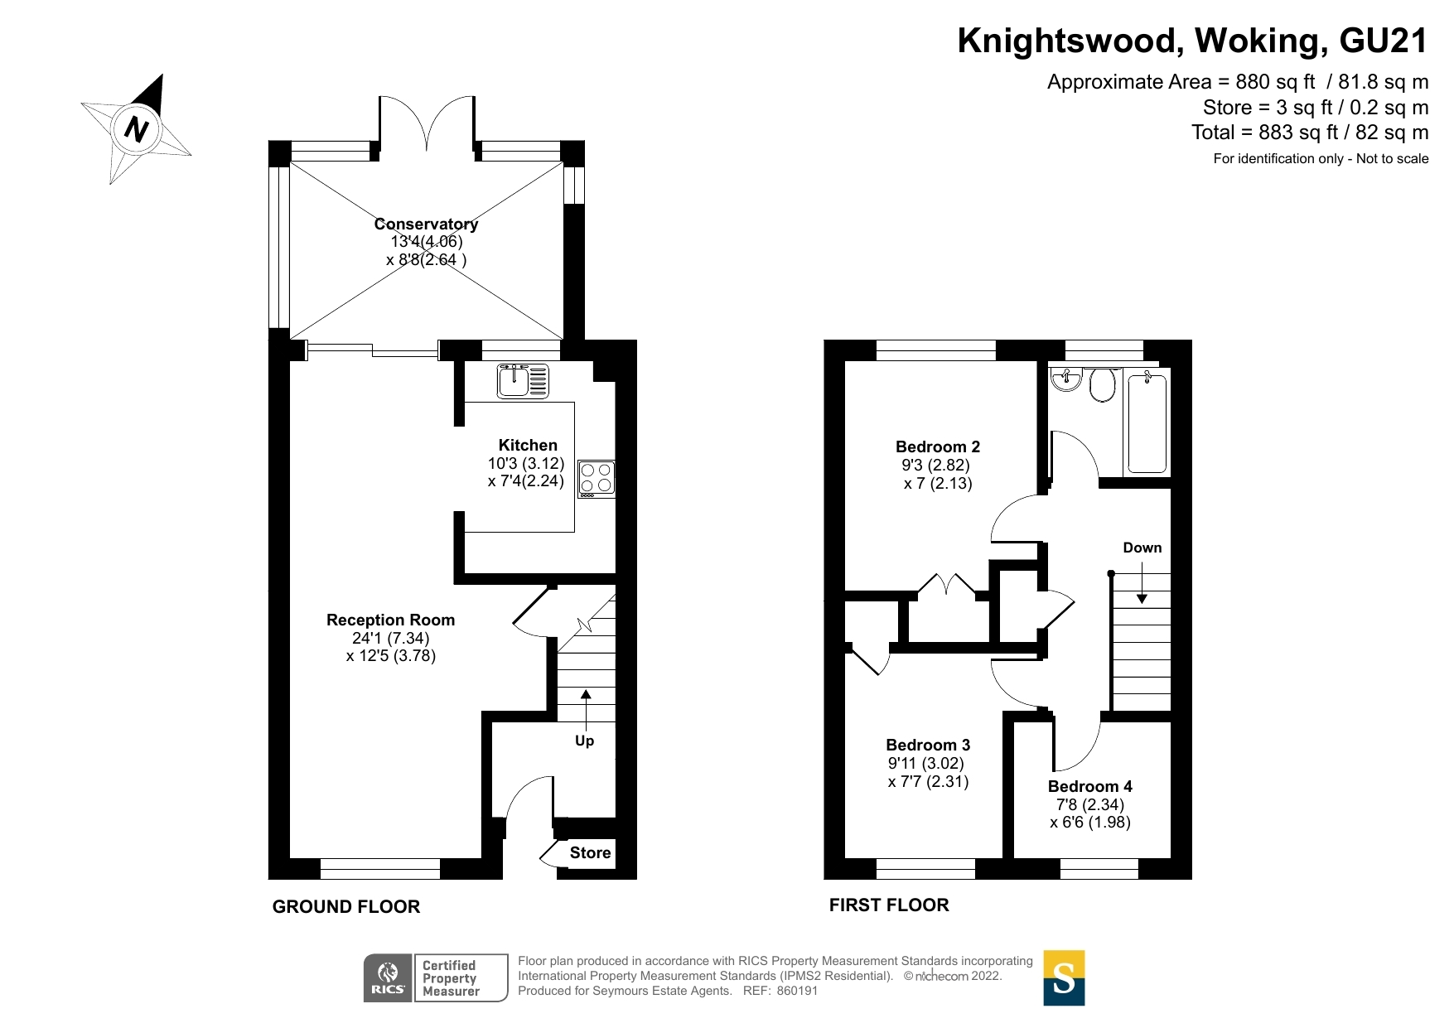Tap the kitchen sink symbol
[x=523, y=381]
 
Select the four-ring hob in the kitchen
[x=597, y=479]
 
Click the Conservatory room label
[x=426, y=224]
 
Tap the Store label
[x=590, y=852]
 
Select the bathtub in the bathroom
[x=1147, y=423]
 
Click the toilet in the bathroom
[x=1102, y=384]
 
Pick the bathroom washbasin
[x=1066, y=379]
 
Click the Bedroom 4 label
[x=1089, y=786]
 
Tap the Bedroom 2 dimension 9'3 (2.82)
[x=935, y=465]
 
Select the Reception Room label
[x=390, y=620]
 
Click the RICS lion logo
[x=388, y=977]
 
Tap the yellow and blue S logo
[x=1064, y=978]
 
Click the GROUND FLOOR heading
[x=345, y=906]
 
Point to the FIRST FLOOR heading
[x=888, y=905]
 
